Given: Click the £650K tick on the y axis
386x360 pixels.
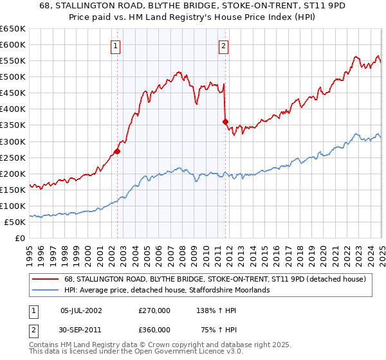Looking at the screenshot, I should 13,29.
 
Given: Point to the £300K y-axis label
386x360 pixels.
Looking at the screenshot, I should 13,141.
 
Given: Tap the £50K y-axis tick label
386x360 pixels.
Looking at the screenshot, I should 15,222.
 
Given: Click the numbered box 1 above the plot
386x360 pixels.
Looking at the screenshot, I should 115,46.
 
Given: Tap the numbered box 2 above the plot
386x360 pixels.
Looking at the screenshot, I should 223,46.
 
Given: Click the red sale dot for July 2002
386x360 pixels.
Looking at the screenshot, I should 117,152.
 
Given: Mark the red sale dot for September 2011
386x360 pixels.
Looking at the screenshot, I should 225,122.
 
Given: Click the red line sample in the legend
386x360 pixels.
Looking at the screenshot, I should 46,279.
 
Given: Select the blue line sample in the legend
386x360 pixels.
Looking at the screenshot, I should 46,290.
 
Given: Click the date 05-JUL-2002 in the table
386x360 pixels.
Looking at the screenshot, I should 81,310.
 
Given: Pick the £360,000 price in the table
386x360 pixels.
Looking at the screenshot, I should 154,330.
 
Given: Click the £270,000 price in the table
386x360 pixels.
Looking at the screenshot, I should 154,310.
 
